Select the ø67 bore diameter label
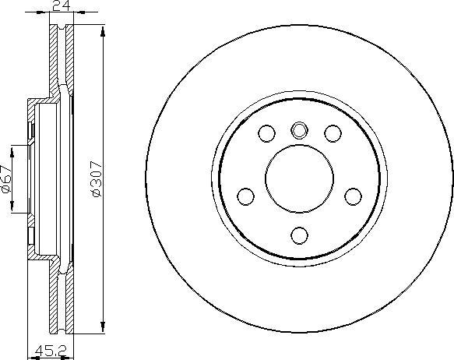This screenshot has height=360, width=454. [x=5, y=179]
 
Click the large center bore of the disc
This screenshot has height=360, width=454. [x=300, y=176]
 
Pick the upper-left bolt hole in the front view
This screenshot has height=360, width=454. [x=266, y=132]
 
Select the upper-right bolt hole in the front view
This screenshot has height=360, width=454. [x=334, y=132]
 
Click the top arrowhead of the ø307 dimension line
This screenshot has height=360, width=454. [x=103, y=27]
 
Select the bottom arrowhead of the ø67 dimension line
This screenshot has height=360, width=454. [x=12, y=211]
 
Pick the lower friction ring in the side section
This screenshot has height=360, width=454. [x=60, y=300]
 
